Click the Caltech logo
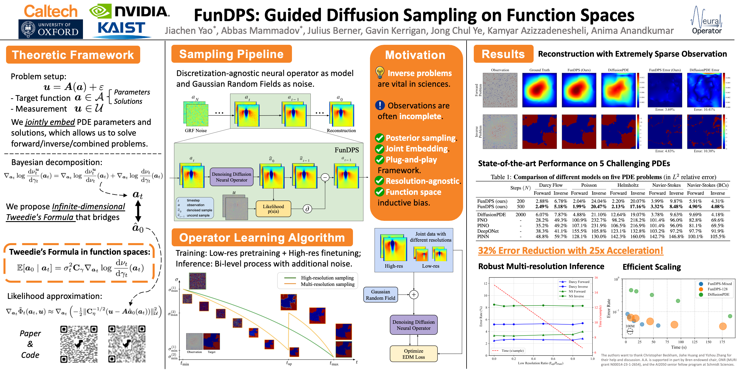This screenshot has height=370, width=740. (51, 12)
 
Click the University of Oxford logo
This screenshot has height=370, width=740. (51, 29)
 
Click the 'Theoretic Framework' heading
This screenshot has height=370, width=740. (73, 55)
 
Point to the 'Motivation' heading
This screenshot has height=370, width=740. (415, 55)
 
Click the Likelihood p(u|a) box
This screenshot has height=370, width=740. (273, 209)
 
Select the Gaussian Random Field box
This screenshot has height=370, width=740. (380, 295)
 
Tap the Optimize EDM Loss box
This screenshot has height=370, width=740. (413, 354)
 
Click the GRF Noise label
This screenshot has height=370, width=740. (196, 131)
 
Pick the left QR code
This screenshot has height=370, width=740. (79, 344)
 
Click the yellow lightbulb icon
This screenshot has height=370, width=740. (380, 72)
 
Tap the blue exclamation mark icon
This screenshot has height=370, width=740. (380, 105)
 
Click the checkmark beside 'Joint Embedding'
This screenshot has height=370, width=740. (379, 149)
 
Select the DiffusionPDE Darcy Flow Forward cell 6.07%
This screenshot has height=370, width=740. (542, 214)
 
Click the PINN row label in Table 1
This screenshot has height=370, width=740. (483, 236)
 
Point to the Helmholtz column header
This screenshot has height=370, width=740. (628, 185)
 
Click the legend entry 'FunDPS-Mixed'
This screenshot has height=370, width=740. (719, 284)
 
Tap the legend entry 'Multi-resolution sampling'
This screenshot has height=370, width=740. (328, 284)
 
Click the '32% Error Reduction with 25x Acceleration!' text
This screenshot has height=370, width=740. (570, 250)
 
